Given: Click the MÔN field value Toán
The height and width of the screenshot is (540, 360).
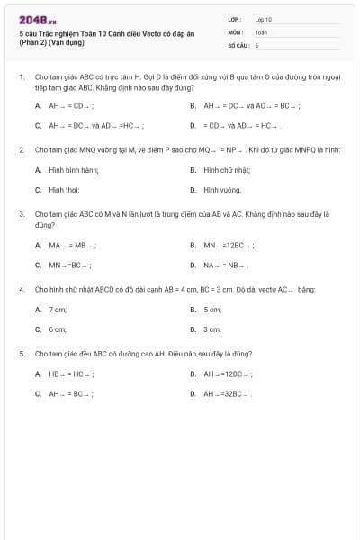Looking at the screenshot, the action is coord(261,31).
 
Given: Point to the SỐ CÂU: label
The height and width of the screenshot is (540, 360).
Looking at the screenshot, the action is coord(238,44).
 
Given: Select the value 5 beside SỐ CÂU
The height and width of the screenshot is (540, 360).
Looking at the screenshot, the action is coord(256,44).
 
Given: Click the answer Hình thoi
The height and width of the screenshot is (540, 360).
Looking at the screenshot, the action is coord(65,190).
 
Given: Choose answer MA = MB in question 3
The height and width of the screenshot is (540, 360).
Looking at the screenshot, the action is coord(72,244).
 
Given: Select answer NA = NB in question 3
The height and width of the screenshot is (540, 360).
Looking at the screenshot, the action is coord(225,265).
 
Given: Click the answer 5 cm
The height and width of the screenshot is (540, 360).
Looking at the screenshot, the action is coord(212,309).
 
